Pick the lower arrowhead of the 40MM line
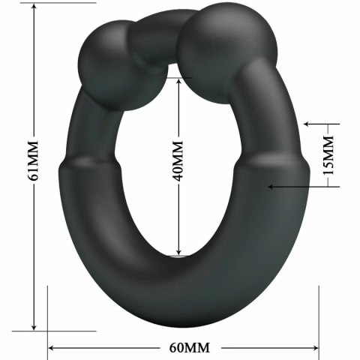(178, 253)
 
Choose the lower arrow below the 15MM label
(274, 185)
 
